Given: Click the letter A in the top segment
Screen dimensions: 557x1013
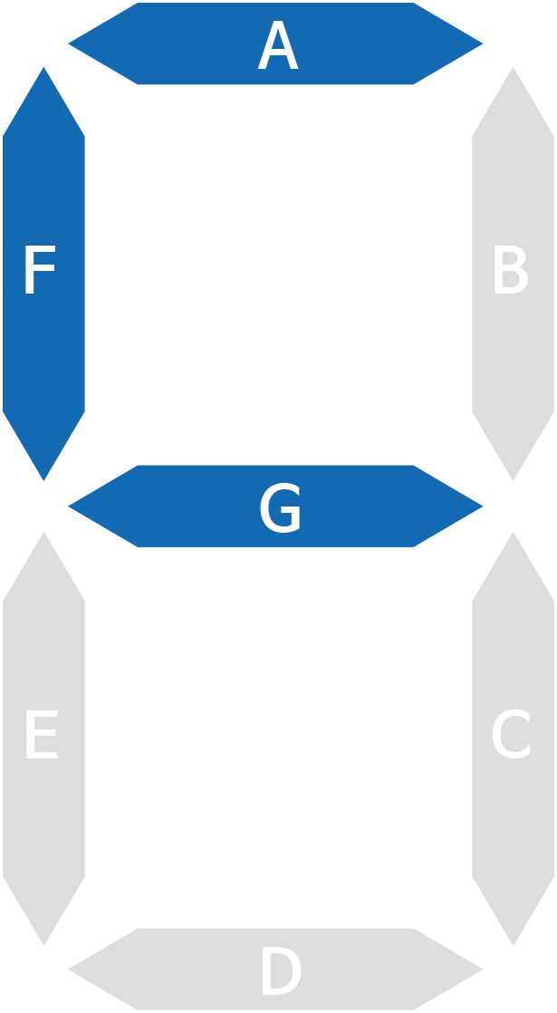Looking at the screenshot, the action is tap(278, 44).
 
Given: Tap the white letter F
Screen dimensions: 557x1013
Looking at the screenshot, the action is tap(40, 269).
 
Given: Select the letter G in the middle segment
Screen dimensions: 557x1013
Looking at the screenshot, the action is tap(280, 507).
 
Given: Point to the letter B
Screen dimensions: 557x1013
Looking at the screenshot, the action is tap(511, 269).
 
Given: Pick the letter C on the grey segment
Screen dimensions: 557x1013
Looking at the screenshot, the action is tap(511, 734).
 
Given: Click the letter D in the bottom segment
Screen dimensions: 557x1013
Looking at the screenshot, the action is tap(282, 970).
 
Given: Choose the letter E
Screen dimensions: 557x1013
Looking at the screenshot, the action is tap(42, 734).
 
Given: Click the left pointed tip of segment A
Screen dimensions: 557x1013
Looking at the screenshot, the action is tap(69, 43).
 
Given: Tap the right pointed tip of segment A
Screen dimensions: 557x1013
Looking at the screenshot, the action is tap(483, 43).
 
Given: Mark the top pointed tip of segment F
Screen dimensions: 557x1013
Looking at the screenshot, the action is tap(43, 67).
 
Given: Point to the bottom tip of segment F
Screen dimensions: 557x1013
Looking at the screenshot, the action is tap(43, 480).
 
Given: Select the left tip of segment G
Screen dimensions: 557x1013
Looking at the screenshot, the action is tap(69, 506).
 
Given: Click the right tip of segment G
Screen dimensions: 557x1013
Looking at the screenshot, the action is tap(483, 506).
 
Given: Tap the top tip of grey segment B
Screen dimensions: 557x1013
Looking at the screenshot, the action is tap(514, 67).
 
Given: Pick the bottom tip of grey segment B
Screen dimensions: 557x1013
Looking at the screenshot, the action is tap(514, 480).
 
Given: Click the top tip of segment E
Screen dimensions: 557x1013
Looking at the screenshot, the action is tap(43, 533).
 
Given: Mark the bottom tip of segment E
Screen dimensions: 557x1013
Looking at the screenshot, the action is tap(43, 946).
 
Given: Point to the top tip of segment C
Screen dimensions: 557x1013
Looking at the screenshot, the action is tap(514, 533).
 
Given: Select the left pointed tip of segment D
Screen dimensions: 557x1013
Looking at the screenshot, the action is tap(69, 970).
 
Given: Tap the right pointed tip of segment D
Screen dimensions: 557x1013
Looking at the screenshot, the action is tap(483, 970).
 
